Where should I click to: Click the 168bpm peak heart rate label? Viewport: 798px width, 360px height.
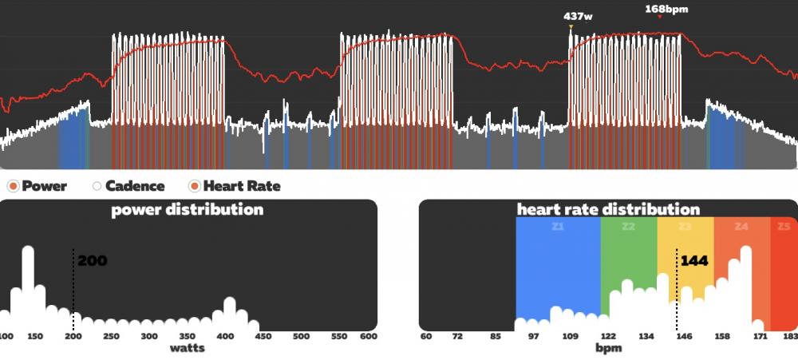[666, 10]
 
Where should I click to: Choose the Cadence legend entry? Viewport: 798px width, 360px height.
[128, 186]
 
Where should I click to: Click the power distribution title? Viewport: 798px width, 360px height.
[188, 210]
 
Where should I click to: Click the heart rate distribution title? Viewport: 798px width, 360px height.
[608, 210]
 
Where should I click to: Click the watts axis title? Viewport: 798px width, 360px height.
[188, 348]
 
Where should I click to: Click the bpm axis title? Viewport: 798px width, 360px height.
[608, 348]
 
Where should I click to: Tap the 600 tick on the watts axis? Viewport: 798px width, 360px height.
[368, 337]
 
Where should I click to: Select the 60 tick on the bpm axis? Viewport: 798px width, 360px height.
[426, 337]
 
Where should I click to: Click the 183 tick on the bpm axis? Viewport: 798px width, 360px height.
[790, 337]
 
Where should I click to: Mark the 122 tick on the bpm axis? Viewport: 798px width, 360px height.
[608, 337]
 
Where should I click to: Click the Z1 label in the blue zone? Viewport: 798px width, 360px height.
[559, 226]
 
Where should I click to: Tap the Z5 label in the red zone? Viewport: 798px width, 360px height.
[782, 227]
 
